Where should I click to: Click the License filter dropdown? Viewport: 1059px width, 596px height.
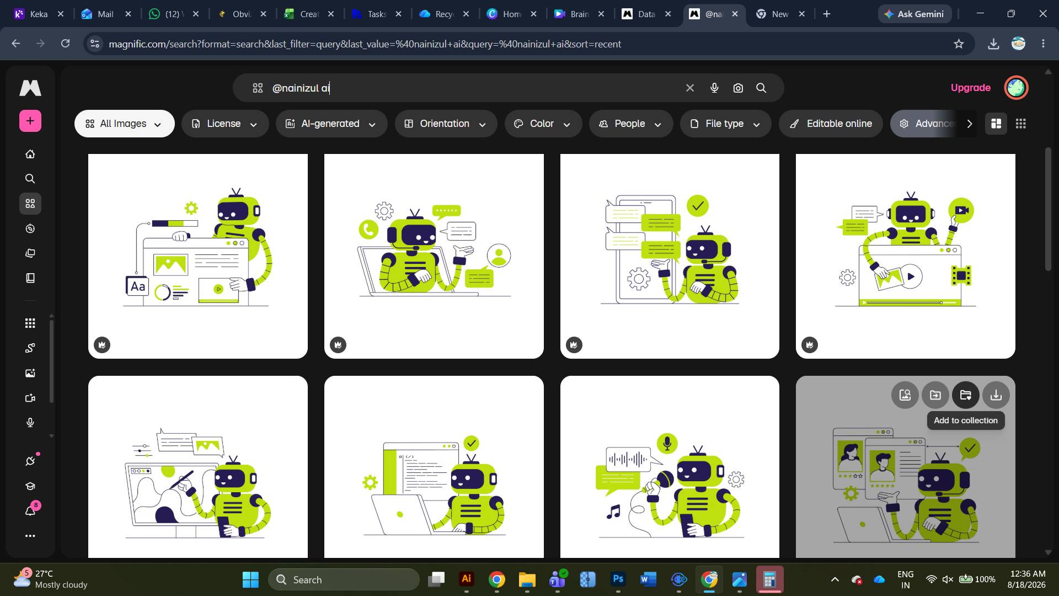pyautogui.click(x=224, y=124)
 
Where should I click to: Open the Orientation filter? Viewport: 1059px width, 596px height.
pyautogui.click(x=445, y=124)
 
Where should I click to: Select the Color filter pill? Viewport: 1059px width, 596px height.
pyautogui.click(x=543, y=124)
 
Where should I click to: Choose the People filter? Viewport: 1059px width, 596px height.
pyautogui.click(x=630, y=124)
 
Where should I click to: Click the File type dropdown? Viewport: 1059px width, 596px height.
pyautogui.click(x=725, y=124)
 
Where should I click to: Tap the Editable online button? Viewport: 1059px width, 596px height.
pyautogui.click(x=831, y=124)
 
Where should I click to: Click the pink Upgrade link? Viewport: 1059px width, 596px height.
pyautogui.click(x=970, y=88)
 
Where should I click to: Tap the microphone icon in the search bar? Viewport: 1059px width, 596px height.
pyautogui.click(x=714, y=88)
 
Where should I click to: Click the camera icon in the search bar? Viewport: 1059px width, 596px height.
pyautogui.click(x=738, y=88)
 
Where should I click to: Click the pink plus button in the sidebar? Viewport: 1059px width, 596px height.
pyautogui.click(x=30, y=121)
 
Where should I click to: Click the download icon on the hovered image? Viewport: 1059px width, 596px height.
pyautogui.click(x=996, y=395)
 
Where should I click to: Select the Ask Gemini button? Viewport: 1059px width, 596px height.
pyautogui.click(x=914, y=14)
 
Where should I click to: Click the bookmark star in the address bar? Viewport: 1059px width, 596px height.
pyautogui.click(x=959, y=44)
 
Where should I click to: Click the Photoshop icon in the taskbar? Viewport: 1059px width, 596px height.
pyautogui.click(x=618, y=579)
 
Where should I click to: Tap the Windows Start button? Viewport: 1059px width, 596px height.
pyautogui.click(x=250, y=579)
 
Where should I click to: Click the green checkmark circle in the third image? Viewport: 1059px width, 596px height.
pyautogui.click(x=698, y=206)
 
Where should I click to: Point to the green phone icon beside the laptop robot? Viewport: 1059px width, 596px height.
pyautogui.click(x=368, y=229)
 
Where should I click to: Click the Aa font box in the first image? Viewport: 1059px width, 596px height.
pyautogui.click(x=137, y=286)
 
